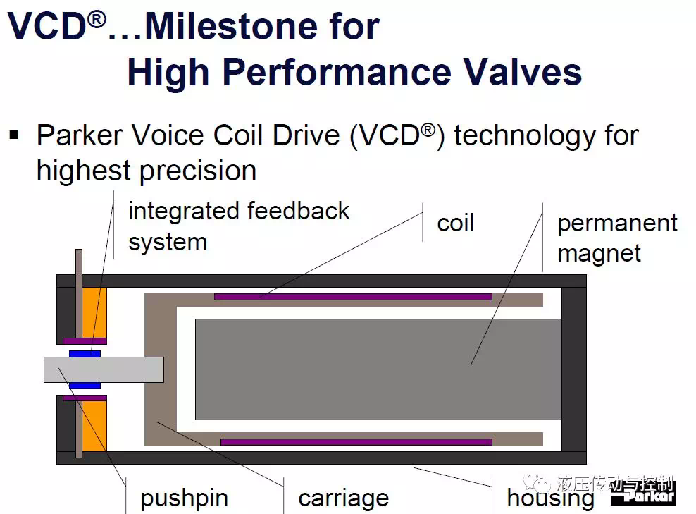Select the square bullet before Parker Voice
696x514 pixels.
[14, 135]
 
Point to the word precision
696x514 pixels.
[199, 172]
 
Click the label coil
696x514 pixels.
[455, 223]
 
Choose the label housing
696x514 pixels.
[550, 498]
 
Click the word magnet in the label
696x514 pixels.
[599, 255]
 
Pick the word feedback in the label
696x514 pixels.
[298, 211]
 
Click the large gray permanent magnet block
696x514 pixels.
[378, 369]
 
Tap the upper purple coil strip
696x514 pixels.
[354, 297]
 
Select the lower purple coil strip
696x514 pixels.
[356, 441]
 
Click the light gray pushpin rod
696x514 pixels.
[104, 369]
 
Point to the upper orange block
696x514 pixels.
[94, 313]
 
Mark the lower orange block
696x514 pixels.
[94, 426]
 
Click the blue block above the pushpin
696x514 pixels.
[85, 354]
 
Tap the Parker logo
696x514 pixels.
[644, 494]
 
